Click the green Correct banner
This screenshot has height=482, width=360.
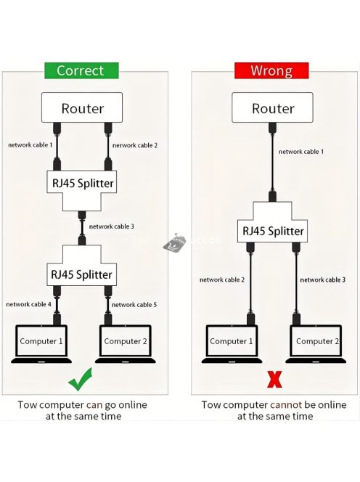[81, 70]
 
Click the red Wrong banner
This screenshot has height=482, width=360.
[271, 70]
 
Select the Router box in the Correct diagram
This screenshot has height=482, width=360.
[82, 109]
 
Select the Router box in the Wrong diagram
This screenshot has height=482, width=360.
[273, 109]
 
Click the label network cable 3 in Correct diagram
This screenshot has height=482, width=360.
[111, 226]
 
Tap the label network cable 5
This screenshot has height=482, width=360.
[134, 304]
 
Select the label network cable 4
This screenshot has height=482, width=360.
[29, 304]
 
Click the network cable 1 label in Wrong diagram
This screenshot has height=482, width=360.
[301, 152]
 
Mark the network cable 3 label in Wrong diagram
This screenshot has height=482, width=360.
[322, 279]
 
